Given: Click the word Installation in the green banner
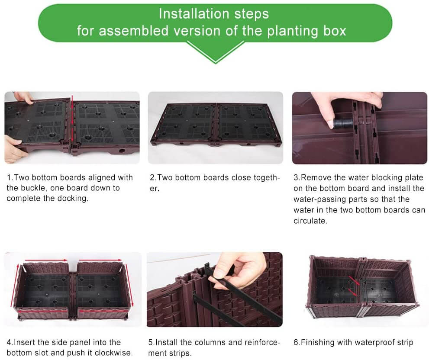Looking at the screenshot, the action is tap(194, 14).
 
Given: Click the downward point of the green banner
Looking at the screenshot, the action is tap(215, 62).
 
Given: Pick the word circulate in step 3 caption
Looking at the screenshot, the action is tap(310, 221).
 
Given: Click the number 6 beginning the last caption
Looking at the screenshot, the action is tap(296, 343).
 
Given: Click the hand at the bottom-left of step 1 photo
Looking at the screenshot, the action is tap(14, 149).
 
